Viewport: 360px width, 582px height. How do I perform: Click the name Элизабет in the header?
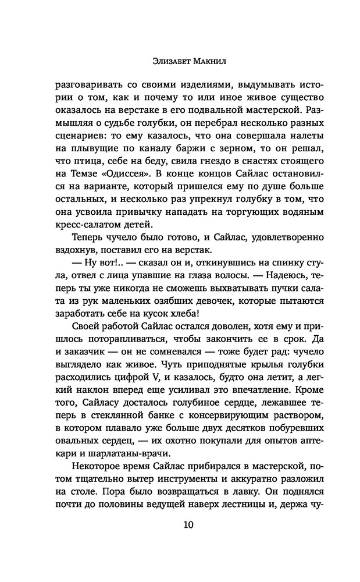pyautogui.click(x=161, y=59)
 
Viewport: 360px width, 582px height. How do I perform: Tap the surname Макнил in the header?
pyautogui.click(x=201, y=59)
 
